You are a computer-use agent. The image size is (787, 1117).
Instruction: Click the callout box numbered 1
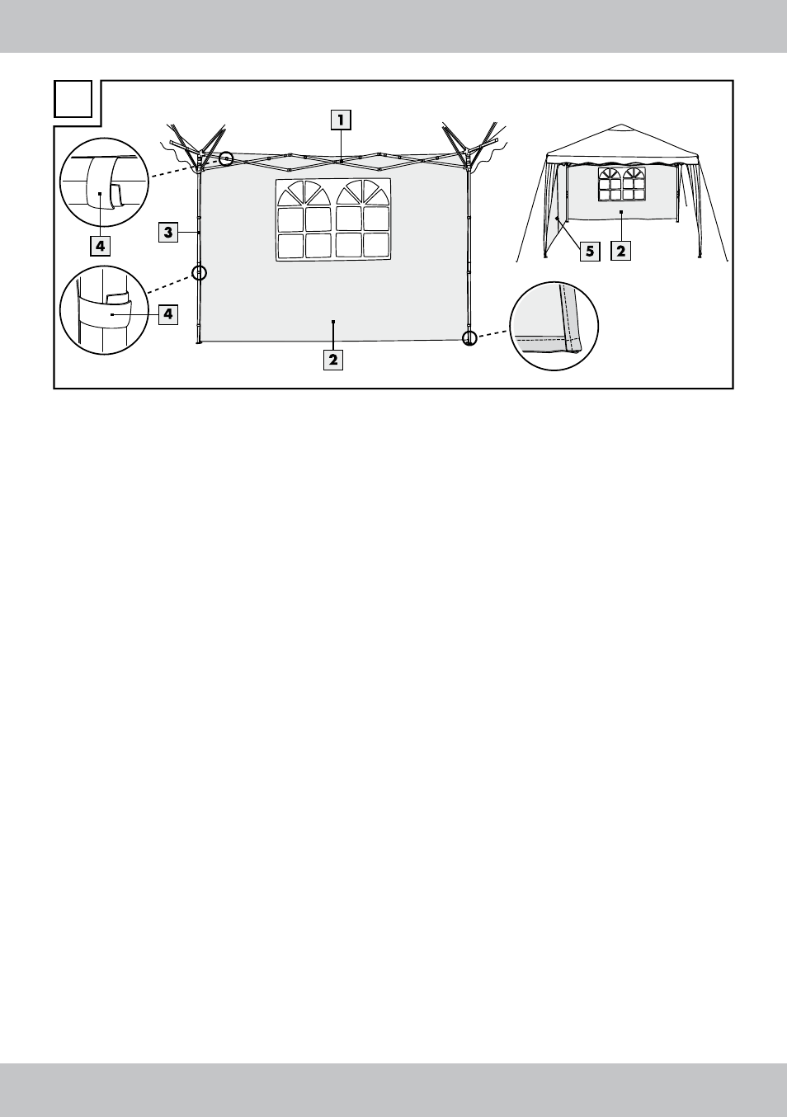click(342, 120)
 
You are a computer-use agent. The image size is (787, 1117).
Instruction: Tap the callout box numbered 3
click(168, 233)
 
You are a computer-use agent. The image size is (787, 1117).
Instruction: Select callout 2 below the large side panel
click(333, 360)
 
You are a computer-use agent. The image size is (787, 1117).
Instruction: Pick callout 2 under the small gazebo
click(620, 251)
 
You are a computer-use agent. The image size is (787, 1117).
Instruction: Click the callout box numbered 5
click(590, 251)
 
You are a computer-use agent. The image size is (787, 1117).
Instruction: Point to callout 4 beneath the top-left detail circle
click(101, 246)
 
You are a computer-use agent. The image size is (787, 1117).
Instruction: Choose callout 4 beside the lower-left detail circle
click(168, 314)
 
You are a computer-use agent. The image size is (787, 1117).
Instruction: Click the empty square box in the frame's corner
click(73, 99)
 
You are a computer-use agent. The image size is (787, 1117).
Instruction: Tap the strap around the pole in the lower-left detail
click(105, 312)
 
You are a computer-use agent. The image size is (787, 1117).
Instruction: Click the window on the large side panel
click(333, 219)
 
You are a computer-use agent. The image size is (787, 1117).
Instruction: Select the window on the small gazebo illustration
click(621, 184)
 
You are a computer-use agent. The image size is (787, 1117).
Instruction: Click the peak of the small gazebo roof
click(621, 125)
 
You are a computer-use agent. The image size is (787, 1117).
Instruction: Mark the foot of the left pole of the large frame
click(199, 342)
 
